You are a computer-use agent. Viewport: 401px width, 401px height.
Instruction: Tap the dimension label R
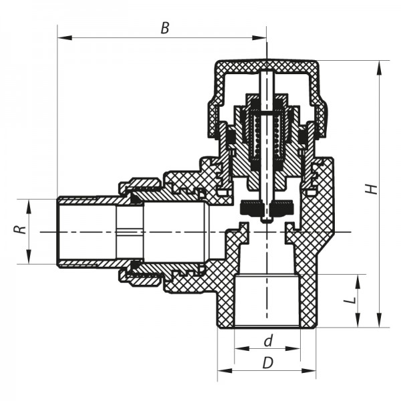[x=21, y=229]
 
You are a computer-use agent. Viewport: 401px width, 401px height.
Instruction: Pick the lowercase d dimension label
[x=267, y=341]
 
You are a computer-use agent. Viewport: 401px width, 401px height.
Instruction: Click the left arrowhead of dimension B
[x=62, y=38]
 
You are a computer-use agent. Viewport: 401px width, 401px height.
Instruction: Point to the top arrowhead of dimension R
[x=29, y=203]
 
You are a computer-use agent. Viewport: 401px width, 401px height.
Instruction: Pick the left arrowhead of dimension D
[x=223, y=370]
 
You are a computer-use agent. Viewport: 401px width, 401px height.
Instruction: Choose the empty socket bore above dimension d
[x=267, y=301]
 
